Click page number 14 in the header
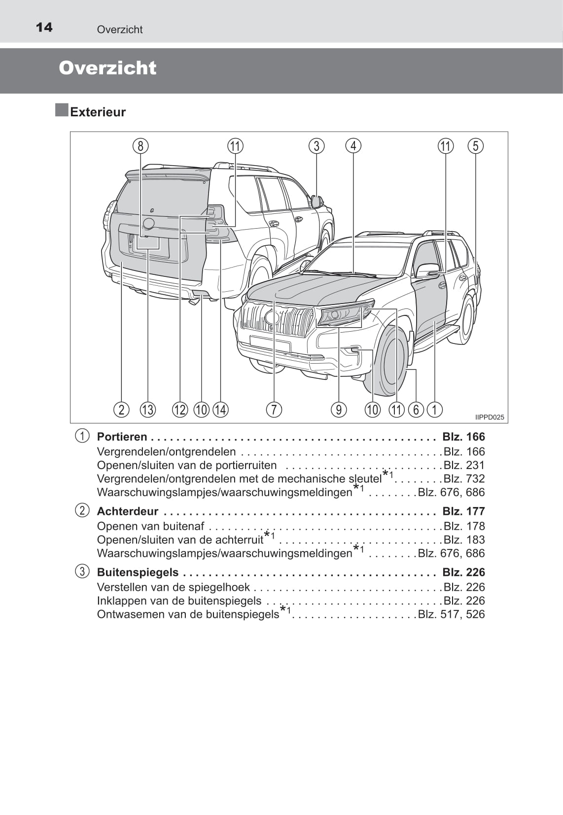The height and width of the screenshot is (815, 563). tap(44, 27)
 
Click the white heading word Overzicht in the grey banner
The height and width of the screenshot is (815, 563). tap(107, 68)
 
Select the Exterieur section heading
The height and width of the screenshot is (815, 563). tap(98, 112)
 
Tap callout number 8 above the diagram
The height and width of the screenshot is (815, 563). tap(141, 146)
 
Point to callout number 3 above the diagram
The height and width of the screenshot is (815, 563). tap(317, 146)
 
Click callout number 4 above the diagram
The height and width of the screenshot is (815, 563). tap(353, 146)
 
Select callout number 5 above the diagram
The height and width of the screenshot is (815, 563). tap(475, 146)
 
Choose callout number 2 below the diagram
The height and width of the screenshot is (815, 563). tap(121, 409)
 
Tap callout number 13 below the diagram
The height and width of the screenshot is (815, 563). tap(148, 409)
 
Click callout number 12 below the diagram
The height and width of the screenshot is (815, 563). tap(180, 409)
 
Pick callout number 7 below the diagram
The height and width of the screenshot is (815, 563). tap(274, 409)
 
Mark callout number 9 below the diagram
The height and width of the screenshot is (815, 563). tap(339, 409)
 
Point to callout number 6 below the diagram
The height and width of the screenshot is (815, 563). tap(416, 409)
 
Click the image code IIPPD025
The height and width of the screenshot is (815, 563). tap(489, 417)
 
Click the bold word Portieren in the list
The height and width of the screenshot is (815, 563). tap(122, 437)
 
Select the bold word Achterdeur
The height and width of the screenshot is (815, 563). tap(127, 511)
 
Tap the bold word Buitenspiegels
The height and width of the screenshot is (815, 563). tap(138, 572)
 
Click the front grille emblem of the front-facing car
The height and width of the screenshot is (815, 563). tap(272, 318)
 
